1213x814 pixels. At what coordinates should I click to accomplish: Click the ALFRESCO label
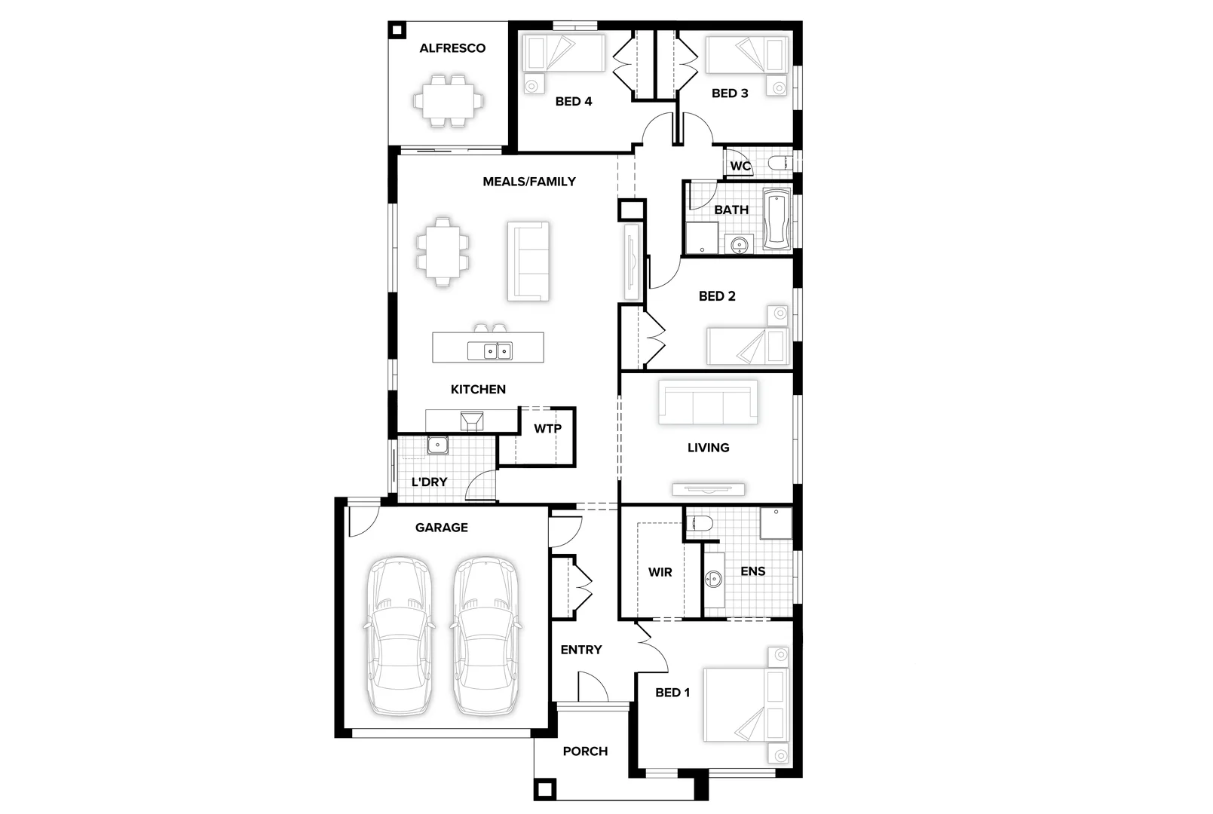[x=452, y=48]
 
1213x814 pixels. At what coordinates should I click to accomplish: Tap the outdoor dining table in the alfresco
[x=449, y=100]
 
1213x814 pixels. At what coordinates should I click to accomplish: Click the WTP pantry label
[x=547, y=429]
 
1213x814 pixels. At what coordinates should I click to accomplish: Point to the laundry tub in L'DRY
[x=437, y=445]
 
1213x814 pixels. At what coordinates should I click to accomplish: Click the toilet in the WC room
[x=780, y=163]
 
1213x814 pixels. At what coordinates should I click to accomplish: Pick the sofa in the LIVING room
[x=708, y=402]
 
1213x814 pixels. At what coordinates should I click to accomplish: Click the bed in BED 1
[x=746, y=704]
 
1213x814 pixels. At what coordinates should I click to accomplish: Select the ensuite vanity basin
[x=713, y=579]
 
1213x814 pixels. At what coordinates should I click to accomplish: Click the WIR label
[x=660, y=572]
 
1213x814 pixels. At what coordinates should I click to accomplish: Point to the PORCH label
[x=585, y=751]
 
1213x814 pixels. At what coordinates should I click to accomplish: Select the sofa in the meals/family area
[x=528, y=262]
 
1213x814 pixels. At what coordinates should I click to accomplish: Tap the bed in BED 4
[x=564, y=54]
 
